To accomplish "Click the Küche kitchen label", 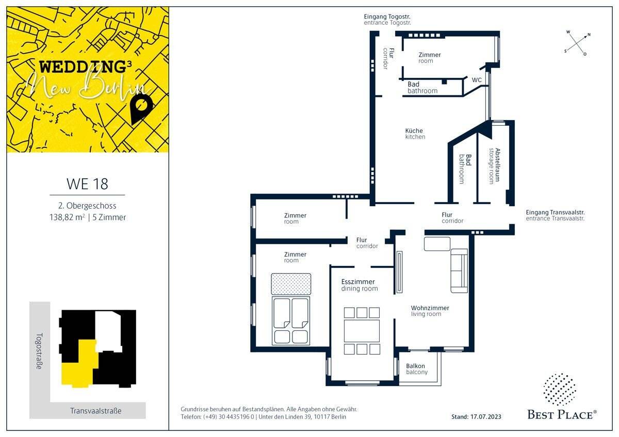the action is click(415, 133).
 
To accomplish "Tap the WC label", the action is click(477, 80).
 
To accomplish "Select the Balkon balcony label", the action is click(417, 369).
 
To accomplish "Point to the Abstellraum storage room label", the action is click(494, 166).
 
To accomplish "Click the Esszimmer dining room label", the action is click(359, 285).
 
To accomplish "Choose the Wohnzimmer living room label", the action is click(430, 311).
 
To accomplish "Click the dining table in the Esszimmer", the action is click(362, 331).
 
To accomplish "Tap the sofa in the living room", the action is click(459, 271).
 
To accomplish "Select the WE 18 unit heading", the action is click(87, 184).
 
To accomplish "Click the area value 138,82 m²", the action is click(67, 217).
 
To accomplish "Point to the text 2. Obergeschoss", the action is click(87, 206).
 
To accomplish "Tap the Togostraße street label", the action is click(40, 351).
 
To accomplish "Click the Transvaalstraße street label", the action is click(96, 411).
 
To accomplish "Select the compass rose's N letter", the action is click(589, 35).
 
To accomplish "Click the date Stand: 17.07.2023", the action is click(476, 417).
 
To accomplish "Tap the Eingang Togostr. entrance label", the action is click(387, 19).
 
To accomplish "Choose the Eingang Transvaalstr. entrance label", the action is click(555, 215).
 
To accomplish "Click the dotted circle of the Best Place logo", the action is click(560, 390).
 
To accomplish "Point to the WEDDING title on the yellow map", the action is click(83, 67).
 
